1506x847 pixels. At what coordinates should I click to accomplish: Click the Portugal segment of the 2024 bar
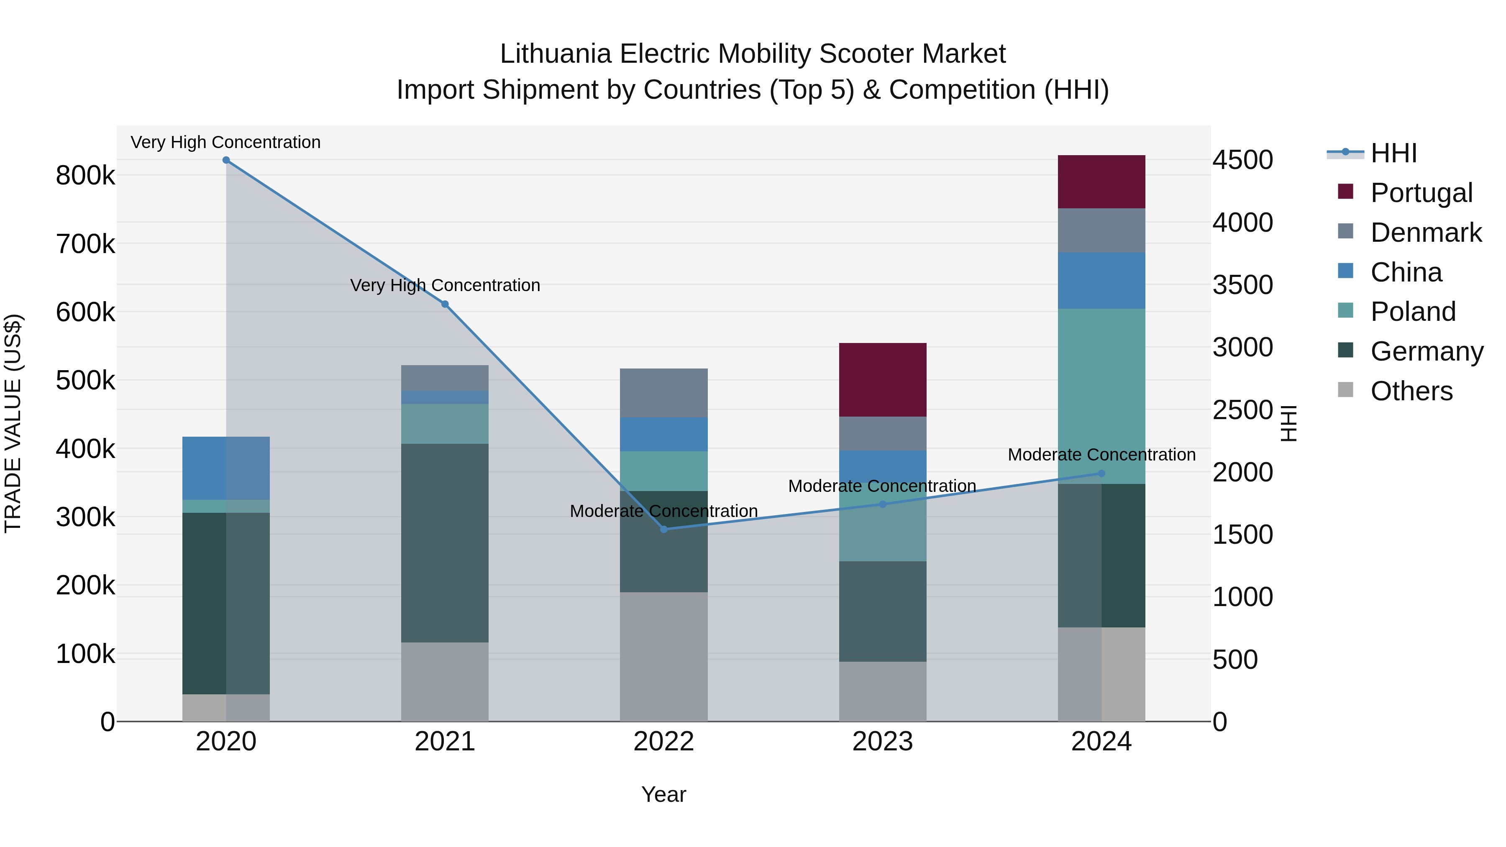click(x=1101, y=182)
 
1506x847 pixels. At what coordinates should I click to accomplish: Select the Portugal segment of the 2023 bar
click(x=882, y=380)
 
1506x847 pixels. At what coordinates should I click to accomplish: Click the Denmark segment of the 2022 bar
click(x=663, y=393)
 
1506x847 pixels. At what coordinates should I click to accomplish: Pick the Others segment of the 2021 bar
click(x=444, y=682)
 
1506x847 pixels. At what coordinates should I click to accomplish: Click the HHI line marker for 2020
click(x=226, y=160)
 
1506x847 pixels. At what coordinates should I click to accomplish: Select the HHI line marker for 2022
click(x=663, y=530)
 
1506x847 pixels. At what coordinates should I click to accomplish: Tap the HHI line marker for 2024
click(x=1101, y=473)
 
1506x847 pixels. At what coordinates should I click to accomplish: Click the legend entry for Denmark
click(x=1425, y=233)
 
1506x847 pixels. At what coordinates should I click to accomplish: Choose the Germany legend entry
click(x=1427, y=351)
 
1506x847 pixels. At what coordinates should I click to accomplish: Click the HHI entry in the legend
click(x=1393, y=153)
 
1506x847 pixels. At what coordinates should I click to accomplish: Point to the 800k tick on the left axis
click(x=85, y=175)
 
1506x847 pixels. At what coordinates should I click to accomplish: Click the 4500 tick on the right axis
click(x=1242, y=160)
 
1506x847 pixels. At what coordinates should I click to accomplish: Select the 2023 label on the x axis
click(x=882, y=742)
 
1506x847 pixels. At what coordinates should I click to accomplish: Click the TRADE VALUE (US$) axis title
click(x=13, y=423)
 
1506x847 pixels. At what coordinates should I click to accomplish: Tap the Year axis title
click(x=663, y=794)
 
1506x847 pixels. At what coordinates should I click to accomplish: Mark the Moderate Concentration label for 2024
click(x=1101, y=454)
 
